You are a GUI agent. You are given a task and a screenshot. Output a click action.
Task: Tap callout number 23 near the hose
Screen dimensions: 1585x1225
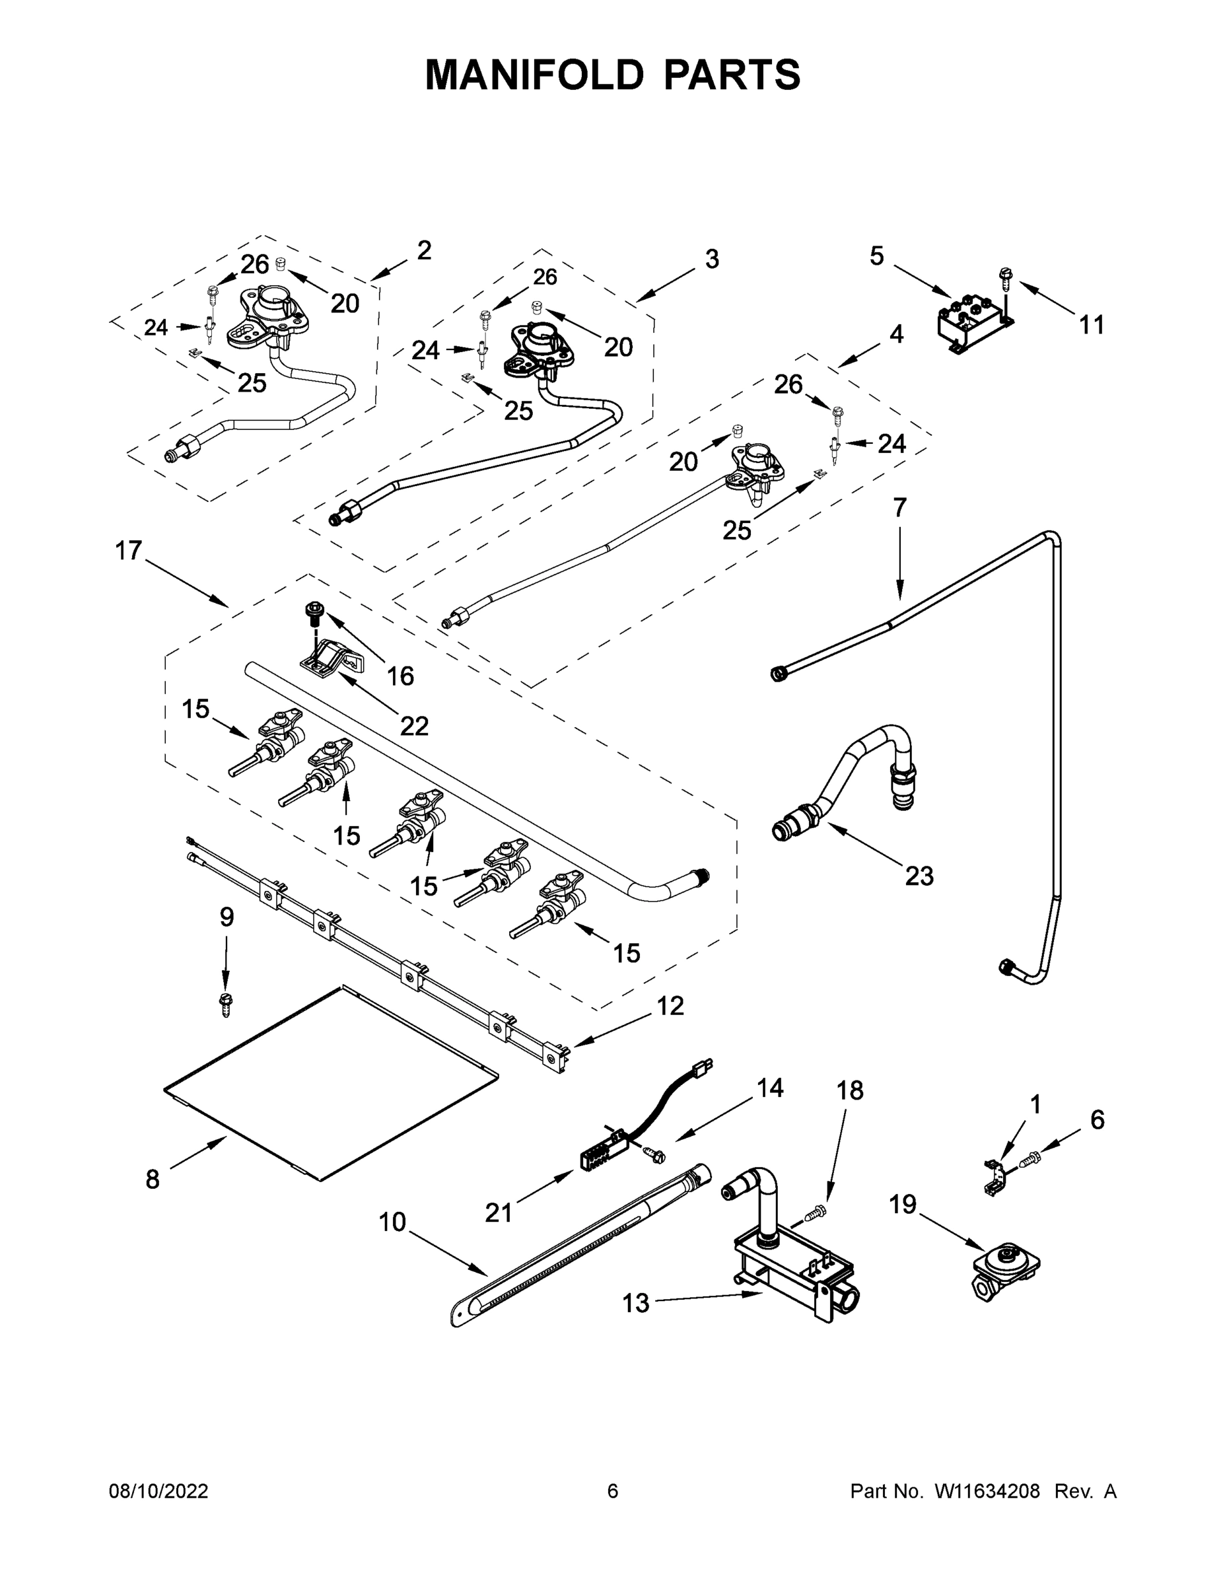tap(919, 876)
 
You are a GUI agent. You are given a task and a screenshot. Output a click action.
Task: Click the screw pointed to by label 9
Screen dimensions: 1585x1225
tap(226, 1003)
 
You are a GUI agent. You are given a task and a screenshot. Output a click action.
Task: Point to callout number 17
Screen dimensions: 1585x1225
tap(129, 551)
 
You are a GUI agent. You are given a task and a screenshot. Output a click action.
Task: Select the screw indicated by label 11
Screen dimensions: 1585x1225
tap(1006, 277)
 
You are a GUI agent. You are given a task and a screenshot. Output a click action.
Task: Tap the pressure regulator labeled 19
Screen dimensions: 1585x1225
tap(1005, 1267)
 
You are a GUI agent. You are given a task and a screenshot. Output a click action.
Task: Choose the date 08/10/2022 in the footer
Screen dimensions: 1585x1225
tap(158, 1491)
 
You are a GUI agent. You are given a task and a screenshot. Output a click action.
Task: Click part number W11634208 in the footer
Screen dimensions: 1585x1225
tap(987, 1491)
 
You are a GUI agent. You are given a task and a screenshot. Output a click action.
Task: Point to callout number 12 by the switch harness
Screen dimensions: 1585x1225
tap(670, 1006)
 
